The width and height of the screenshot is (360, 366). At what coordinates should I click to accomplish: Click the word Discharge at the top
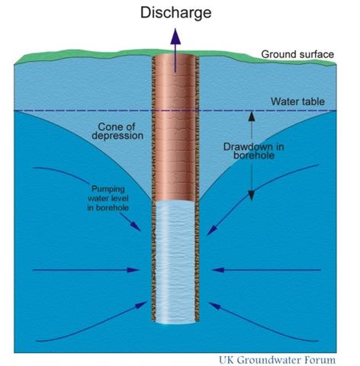[x=175, y=13]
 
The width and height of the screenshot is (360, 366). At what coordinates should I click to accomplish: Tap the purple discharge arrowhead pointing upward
[x=175, y=37]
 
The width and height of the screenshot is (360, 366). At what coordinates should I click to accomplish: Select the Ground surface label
[x=297, y=54]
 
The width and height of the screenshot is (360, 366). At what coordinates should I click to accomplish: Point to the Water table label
[x=297, y=101]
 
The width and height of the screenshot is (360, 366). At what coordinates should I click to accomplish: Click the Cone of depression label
[x=117, y=131]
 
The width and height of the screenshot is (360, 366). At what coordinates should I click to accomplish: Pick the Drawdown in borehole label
[x=254, y=151]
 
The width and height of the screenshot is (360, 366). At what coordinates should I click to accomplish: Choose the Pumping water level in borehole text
[x=108, y=198]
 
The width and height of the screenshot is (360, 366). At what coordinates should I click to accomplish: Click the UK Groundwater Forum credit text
[x=277, y=360]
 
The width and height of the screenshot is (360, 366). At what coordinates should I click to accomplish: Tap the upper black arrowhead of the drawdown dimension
[x=252, y=117]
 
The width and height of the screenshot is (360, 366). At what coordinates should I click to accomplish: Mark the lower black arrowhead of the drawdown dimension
[x=252, y=195]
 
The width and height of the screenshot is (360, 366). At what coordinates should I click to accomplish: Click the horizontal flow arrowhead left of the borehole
[x=133, y=270]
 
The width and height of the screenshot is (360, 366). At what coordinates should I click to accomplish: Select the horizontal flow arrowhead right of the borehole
[x=218, y=270]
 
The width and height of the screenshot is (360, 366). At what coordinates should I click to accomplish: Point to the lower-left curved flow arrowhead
[x=141, y=304]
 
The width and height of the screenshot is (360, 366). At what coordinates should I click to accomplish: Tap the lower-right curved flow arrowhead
[x=214, y=306]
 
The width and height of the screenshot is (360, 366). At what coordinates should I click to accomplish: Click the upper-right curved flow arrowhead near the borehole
[x=212, y=230]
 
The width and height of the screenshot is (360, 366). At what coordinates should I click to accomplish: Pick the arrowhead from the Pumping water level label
[x=136, y=227]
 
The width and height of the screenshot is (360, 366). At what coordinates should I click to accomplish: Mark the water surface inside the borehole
[x=175, y=203]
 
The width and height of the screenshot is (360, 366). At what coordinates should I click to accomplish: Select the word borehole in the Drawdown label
[x=254, y=156]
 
